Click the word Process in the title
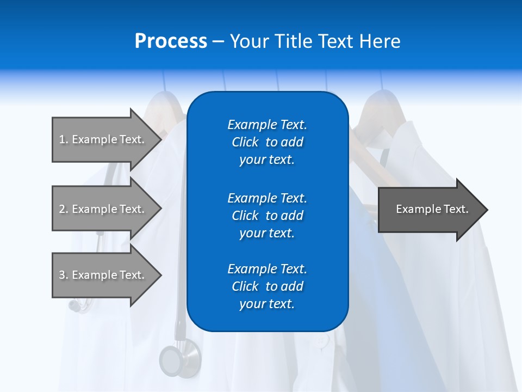tap(171, 41)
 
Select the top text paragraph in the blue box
tap(267, 142)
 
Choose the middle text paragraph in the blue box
tap(267, 216)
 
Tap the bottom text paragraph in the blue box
tap(267, 286)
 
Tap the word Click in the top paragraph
tap(245, 142)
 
